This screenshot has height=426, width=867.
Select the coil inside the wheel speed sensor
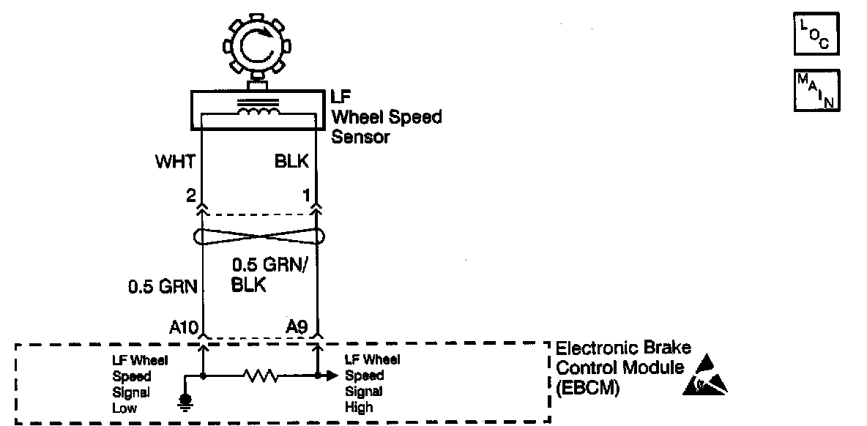pyautogui.click(x=258, y=111)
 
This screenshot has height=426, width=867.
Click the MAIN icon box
pyautogui.click(x=816, y=90)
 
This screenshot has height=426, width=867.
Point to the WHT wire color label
pyautogui.click(x=174, y=162)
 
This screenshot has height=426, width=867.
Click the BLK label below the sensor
pyautogui.click(x=292, y=162)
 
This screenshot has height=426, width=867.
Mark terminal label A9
pyautogui.click(x=297, y=326)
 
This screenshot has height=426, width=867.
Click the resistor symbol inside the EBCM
pyautogui.click(x=261, y=376)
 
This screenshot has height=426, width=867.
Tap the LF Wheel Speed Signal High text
pyautogui.click(x=372, y=384)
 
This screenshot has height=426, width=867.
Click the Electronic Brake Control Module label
pyautogui.click(x=623, y=368)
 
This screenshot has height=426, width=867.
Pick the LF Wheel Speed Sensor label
pyautogui.click(x=387, y=116)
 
